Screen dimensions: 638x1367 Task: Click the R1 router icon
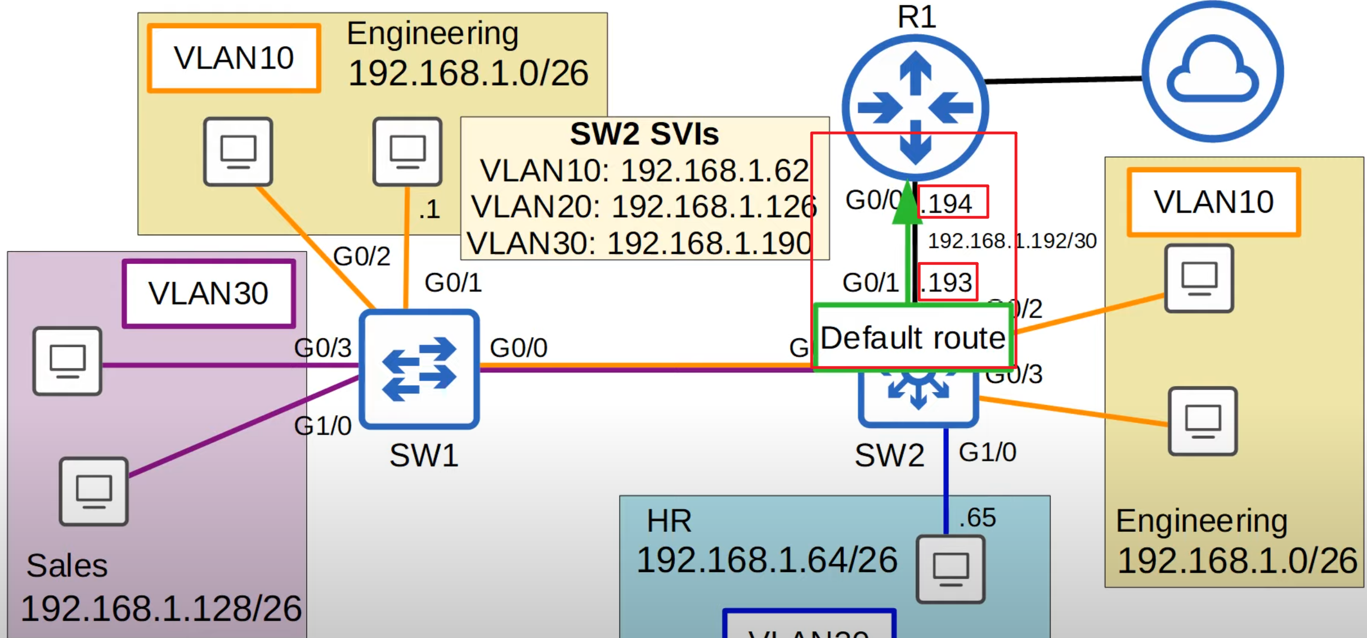[915, 107]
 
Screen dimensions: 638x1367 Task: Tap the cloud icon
[1212, 71]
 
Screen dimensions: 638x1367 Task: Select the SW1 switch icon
[419, 369]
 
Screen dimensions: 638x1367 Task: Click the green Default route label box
[913, 338]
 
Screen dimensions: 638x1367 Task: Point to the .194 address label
[952, 203]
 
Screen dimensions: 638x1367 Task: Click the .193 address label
[948, 282]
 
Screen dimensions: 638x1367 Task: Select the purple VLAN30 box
[209, 293]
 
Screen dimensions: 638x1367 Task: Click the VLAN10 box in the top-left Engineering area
[234, 58]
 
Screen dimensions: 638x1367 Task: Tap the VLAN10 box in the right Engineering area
[1213, 202]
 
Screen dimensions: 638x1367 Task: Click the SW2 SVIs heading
[644, 134]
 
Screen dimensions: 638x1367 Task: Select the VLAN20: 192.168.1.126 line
[644, 206]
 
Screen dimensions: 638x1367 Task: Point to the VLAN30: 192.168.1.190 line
[639, 243]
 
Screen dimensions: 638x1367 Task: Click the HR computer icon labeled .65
[950, 569]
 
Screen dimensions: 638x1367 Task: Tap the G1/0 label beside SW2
[987, 452]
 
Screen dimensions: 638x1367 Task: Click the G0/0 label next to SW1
[518, 348]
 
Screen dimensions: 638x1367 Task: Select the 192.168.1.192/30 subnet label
[1012, 241]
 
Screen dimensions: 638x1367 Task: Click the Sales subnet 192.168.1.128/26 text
[161, 608]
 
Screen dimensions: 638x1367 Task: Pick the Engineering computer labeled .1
[407, 151]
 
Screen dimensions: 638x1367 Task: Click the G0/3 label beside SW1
[322, 348]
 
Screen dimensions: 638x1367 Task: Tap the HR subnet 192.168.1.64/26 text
[767, 560]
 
